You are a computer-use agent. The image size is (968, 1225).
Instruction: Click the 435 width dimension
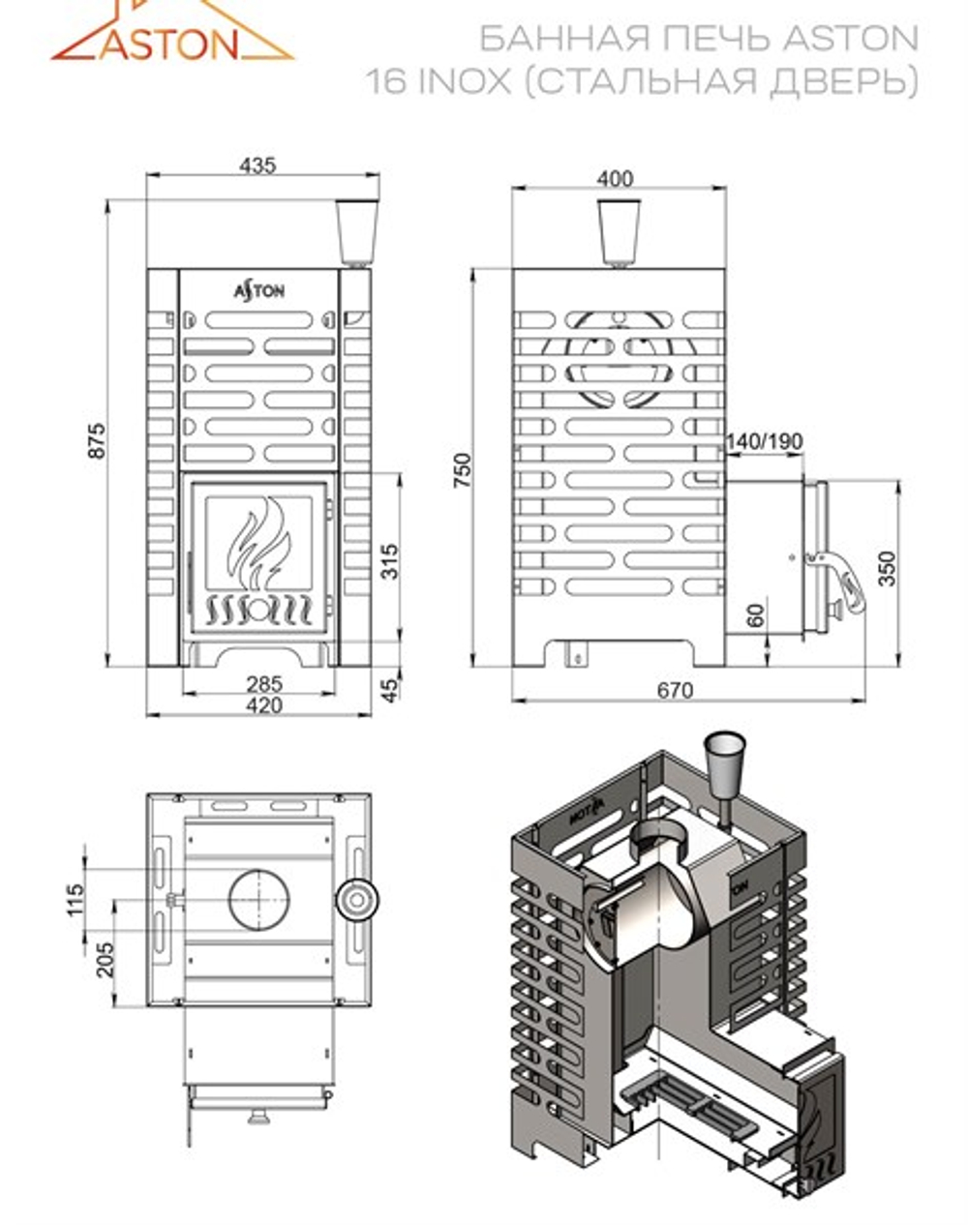click(258, 165)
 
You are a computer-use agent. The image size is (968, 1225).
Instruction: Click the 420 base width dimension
click(263, 705)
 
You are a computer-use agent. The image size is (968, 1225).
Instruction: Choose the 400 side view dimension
click(616, 179)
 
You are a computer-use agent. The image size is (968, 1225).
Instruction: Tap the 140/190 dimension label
click(764, 441)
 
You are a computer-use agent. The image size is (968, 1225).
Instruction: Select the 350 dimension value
click(887, 569)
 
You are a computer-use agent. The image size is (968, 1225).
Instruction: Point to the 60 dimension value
click(756, 614)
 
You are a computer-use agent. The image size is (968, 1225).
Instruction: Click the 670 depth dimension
click(675, 690)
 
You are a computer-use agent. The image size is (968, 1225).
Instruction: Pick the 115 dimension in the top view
click(76, 899)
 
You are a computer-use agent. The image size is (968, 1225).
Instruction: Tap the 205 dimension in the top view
click(105, 959)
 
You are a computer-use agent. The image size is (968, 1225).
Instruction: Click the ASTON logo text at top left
click(169, 44)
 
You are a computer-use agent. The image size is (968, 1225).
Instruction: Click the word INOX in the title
click(463, 82)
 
